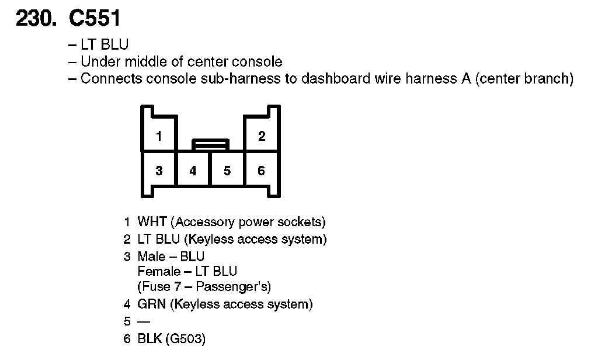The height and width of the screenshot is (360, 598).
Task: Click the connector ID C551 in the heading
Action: (95, 19)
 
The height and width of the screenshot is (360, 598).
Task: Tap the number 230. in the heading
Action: (36, 19)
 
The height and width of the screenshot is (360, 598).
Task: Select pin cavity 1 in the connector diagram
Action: (159, 136)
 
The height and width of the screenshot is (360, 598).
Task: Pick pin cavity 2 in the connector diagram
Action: (261, 136)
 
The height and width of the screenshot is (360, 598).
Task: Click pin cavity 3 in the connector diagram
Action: (159, 171)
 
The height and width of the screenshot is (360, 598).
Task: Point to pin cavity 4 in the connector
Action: (193, 171)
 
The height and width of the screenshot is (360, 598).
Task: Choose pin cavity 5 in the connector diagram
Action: (227, 171)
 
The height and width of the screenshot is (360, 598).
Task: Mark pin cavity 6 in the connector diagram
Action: (261, 171)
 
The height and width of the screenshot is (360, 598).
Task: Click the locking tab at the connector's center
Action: (210, 144)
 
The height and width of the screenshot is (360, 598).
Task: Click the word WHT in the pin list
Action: (152, 222)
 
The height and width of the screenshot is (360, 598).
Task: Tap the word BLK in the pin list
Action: (149, 339)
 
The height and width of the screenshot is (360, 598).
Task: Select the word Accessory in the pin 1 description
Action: (203, 222)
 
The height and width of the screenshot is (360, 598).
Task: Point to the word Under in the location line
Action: (98, 61)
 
